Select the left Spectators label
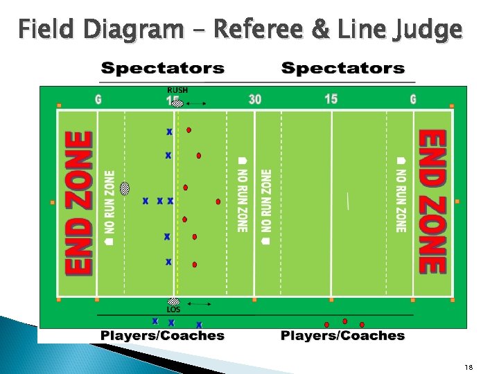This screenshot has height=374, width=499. [x=163, y=68]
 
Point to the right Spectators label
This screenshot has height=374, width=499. [x=343, y=68]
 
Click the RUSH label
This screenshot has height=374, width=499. [x=177, y=90]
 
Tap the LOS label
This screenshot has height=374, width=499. [x=173, y=310]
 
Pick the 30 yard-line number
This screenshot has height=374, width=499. [x=255, y=99]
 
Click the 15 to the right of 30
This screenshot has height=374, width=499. [x=331, y=99]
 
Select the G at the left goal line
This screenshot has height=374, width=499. [x=98, y=99]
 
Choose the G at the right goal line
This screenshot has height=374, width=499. [x=413, y=99]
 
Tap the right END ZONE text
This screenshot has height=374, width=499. [x=432, y=201]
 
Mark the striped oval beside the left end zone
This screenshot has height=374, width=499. [x=125, y=188]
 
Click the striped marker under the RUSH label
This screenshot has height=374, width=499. [x=177, y=103]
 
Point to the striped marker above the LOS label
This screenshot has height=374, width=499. [x=174, y=302]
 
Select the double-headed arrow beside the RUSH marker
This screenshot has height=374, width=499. [x=197, y=104]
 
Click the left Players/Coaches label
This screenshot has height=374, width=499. [x=163, y=336]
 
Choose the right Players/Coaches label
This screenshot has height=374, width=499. [x=342, y=336]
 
